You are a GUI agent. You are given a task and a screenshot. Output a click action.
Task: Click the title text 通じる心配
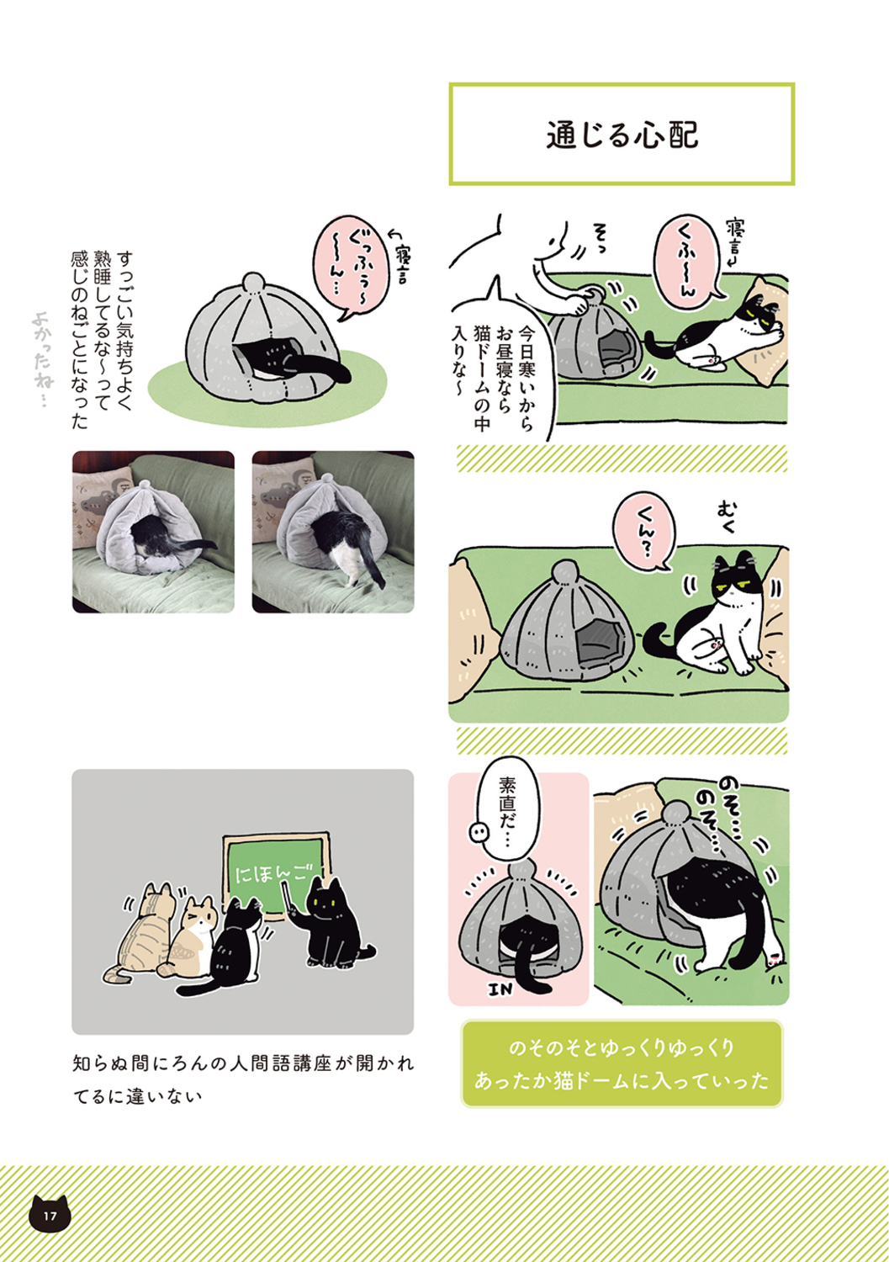tap(622, 135)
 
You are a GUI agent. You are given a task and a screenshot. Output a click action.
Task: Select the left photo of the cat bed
tap(153, 532)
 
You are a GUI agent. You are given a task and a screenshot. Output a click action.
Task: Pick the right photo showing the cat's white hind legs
tap(333, 532)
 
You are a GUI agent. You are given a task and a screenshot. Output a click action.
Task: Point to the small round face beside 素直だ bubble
tap(478, 830)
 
